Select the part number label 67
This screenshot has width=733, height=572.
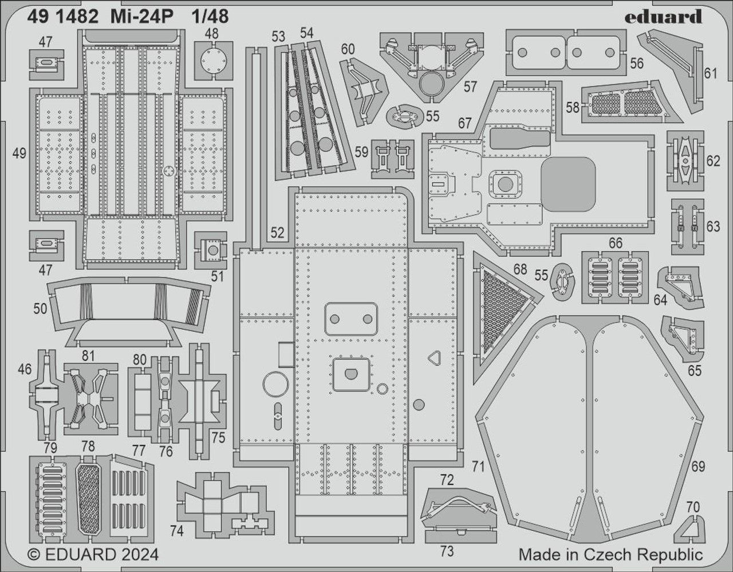pos(464,124)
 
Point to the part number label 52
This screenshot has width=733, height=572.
pos(277,233)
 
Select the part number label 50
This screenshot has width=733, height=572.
pos(40,309)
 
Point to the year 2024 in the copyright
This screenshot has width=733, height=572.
pos(137,555)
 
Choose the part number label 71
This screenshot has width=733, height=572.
pos(478,467)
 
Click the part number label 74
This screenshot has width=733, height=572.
pos(176,531)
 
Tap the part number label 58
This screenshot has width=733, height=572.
pos(572,107)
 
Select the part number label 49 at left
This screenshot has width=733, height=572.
pos(19,154)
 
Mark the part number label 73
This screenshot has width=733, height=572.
pos(447,551)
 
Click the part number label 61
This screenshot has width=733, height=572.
pos(711,73)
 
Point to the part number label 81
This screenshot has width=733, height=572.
pos(88,356)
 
